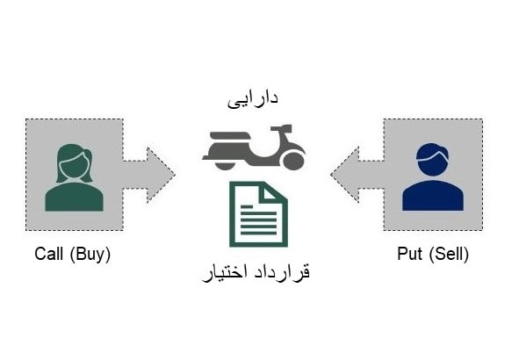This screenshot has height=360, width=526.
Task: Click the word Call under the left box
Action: coord(48,254)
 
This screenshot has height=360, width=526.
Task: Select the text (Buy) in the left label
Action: coord(90,255)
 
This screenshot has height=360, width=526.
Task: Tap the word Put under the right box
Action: coord(409,254)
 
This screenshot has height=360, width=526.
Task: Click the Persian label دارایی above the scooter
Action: coord(253,99)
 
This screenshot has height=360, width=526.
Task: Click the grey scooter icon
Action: coord(254,147)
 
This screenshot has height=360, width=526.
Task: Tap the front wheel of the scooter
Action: coord(293,161)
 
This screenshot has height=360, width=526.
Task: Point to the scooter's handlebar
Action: coord(281,127)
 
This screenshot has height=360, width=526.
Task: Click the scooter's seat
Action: coord(228,135)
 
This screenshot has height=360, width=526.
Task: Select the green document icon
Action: coord(258,214)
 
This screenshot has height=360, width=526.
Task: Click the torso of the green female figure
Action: coord(74,198)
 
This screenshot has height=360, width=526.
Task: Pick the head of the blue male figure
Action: coord(432,161)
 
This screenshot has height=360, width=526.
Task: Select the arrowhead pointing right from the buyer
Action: coord(161,175)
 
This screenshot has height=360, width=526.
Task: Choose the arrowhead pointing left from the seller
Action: coord(344,175)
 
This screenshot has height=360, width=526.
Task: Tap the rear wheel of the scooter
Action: coord(225,166)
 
